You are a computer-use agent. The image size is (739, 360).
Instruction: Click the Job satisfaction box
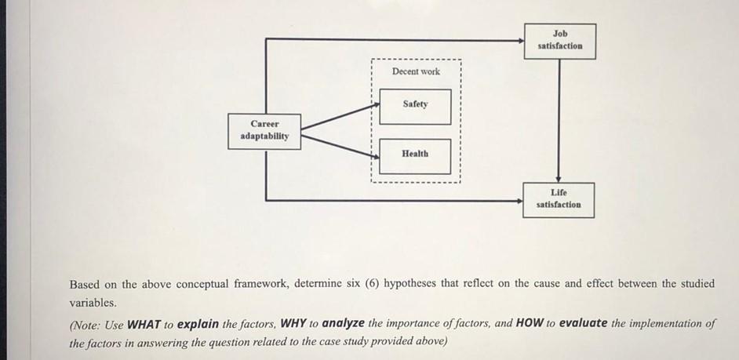pyautogui.click(x=560, y=41)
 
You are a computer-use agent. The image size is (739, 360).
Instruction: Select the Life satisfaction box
pyautogui.click(x=559, y=199)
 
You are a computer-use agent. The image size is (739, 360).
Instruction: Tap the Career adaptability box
pyautogui.click(x=264, y=130)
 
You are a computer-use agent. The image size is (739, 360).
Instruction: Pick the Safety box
pyautogui.click(x=415, y=106)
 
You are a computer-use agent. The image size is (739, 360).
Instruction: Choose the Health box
pyautogui.click(x=415, y=155)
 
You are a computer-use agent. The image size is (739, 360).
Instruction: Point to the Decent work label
pyautogui.click(x=416, y=71)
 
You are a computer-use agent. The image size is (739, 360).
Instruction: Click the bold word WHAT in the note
pyautogui.click(x=144, y=324)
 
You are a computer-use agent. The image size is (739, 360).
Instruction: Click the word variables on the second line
pyautogui.click(x=92, y=303)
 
